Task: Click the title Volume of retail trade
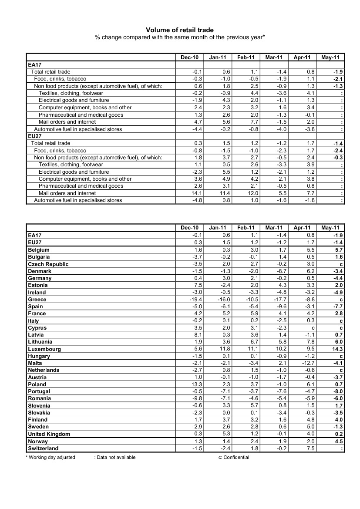pos(180,30)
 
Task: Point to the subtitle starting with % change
pos(180,37)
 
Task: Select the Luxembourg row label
pos(44,349)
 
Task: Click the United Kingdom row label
pos(49,434)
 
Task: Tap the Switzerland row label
pos(43,448)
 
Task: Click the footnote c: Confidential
pos(234,457)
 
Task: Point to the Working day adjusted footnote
pos(50,457)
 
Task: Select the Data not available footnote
pos(115,457)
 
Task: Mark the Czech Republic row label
pos(48,264)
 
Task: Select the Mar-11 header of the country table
pos(274,227)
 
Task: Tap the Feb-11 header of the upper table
pos(246,57)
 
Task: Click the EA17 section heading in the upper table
pos(34,65)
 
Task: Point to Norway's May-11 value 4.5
pos(338,442)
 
